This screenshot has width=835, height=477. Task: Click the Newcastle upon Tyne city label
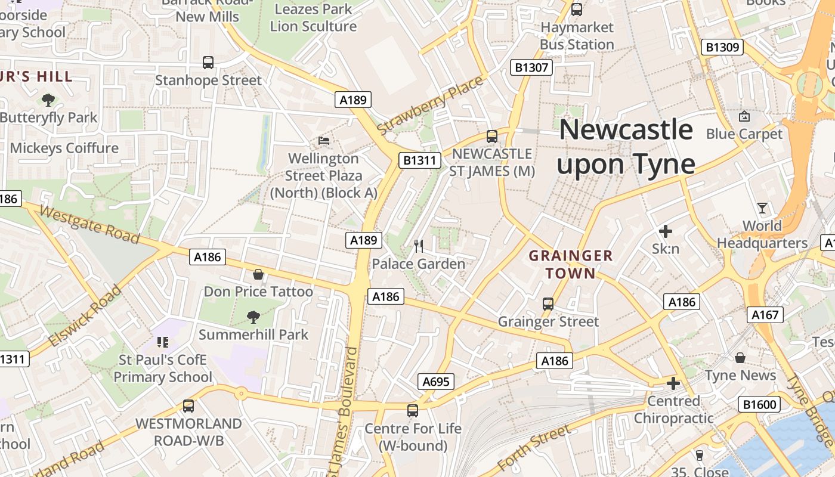tap(626, 147)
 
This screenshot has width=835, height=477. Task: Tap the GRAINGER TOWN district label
tap(571, 265)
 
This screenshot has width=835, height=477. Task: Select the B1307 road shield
tap(531, 67)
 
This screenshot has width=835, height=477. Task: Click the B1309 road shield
tap(722, 47)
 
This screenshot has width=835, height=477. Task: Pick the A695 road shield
tap(435, 382)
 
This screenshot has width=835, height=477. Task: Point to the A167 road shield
tap(765, 314)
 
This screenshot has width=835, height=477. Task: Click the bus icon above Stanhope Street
tap(208, 62)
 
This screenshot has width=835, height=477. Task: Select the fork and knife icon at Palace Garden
tap(419, 246)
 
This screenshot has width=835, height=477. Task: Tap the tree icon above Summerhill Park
tap(253, 317)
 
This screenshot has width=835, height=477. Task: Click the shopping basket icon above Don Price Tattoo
tap(258, 274)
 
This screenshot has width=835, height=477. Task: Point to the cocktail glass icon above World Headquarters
tap(762, 208)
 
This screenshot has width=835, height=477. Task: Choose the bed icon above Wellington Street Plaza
tap(324, 141)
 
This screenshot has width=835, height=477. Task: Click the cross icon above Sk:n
tap(666, 231)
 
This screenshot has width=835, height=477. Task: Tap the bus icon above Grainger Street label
tap(548, 304)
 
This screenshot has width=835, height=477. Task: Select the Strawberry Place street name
tap(429, 105)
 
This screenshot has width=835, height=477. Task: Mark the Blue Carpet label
tap(744, 134)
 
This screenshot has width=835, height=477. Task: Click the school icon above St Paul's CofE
tap(162, 342)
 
